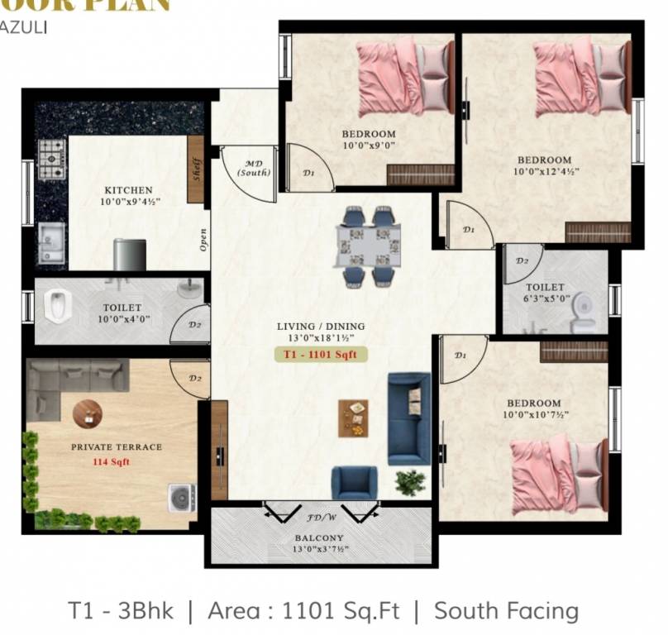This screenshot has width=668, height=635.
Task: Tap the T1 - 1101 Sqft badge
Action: (x=320, y=355)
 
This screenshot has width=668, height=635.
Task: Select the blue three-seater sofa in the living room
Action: (x=409, y=418)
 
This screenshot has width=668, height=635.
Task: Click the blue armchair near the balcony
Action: (x=354, y=482)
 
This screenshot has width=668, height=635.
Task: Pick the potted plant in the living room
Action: (x=409, y=481)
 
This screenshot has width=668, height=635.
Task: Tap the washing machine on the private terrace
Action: (x=181, y=498)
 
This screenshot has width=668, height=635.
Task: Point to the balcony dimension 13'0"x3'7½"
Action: (x=320, y=551)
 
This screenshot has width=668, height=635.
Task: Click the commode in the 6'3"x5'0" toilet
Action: (x=584, y=305)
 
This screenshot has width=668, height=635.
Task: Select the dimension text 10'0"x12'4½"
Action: (x=544, y=172)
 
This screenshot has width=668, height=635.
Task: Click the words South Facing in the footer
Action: (x=506, y=611)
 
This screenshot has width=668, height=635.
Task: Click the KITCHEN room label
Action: (x=128, y=190)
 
